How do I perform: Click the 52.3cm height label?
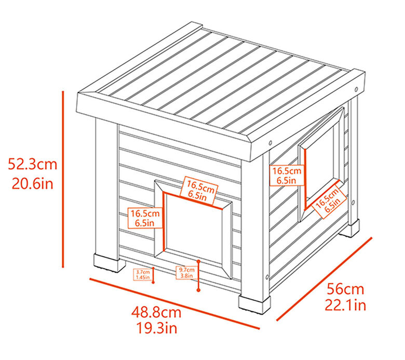32,164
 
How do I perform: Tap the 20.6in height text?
33,184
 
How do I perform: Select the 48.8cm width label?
156,312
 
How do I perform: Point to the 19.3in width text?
157,328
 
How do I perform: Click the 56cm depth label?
345,289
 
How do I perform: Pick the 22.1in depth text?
345,305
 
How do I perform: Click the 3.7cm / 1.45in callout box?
143,275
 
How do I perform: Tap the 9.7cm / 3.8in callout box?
187,273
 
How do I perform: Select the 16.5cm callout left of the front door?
145,218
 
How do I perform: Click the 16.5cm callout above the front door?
199,191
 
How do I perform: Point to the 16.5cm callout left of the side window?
287,175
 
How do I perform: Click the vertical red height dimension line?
63,179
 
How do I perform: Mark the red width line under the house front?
174,304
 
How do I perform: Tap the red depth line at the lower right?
324,279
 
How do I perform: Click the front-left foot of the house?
110,263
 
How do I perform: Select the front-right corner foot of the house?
254,304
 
